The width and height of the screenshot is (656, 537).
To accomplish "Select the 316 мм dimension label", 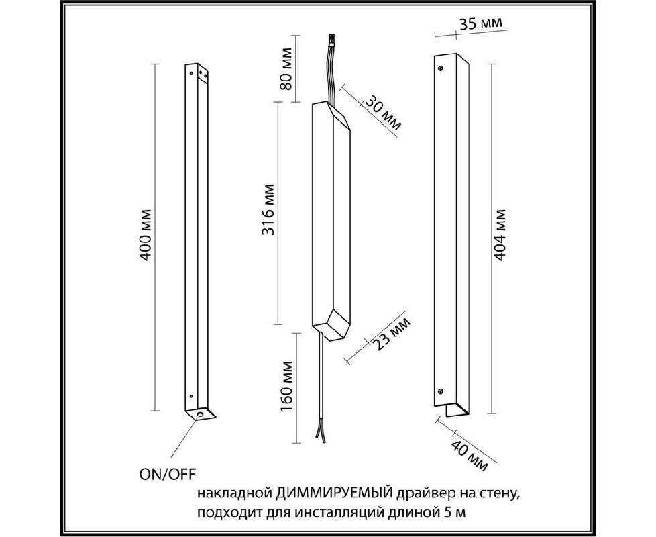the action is point(268,209).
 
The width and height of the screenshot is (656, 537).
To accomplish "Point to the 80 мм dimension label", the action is point(286,69).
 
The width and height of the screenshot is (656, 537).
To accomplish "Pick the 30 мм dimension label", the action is point(383,113).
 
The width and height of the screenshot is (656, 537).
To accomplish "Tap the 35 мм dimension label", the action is point(481,23).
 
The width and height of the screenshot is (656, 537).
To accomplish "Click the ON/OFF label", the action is point(167,474).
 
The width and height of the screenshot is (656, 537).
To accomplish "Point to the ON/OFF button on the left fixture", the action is point(200,414).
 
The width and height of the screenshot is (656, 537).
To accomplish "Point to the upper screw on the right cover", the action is point(440,68).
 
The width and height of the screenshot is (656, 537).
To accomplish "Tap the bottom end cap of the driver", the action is point(331,325).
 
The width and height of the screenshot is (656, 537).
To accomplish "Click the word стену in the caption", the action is point(499,494).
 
